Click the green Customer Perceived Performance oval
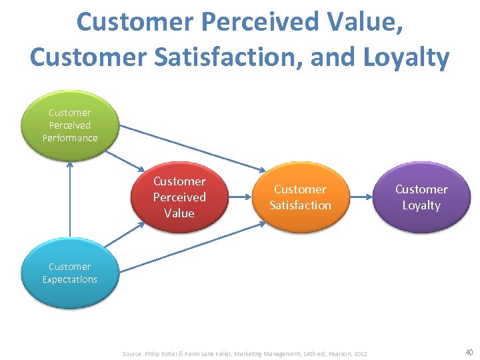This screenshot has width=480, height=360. tap(70, 125)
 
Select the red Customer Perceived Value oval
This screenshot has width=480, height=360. tap(179, 197)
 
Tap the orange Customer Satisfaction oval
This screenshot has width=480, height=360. tap(300, 197)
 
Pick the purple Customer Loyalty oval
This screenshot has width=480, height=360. tap(421, 197)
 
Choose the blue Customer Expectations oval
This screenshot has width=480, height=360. tap(70, 273)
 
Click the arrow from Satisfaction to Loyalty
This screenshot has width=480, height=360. tap(361, 197)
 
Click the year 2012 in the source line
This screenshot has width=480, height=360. tap(361, 353)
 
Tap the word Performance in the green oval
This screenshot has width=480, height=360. tap(70, 138)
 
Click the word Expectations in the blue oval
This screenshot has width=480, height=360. tap(70, 279)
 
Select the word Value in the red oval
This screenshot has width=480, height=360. tap(179, 213)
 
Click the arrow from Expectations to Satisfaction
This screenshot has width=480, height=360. tap(193, 247)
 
